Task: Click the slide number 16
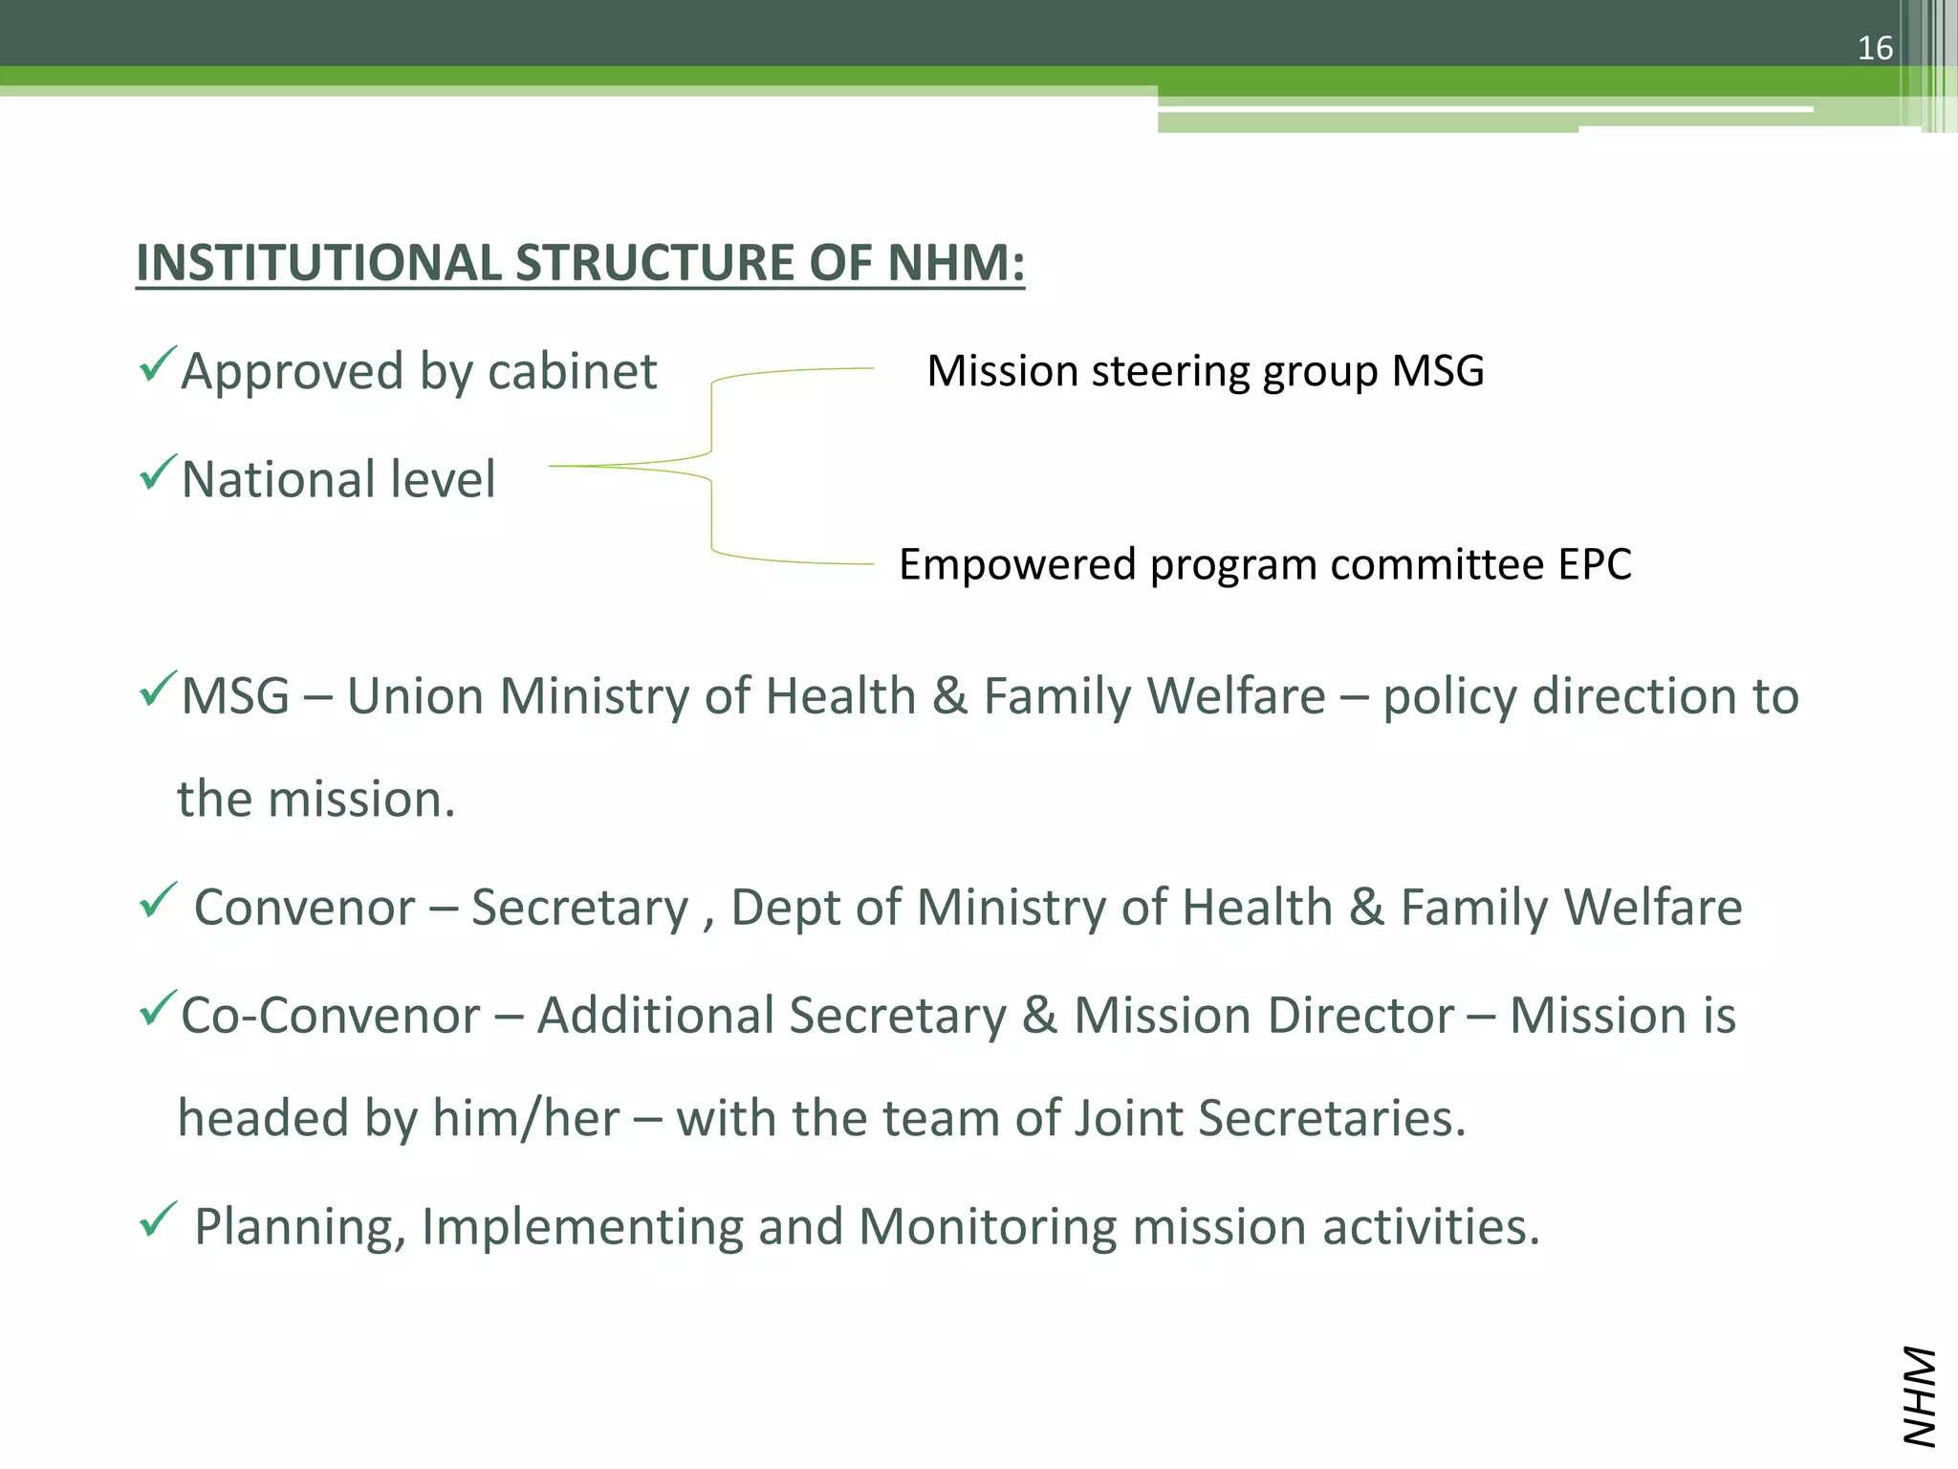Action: tap(1875, 48)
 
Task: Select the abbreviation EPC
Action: tap(1594, 564)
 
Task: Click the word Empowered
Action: tap(1017, 564)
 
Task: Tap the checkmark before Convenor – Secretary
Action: tap(158, 900)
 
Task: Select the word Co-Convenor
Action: tap(330, 1016)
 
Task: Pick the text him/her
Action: tap(526, 1118)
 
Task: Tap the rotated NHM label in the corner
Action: tap(1918, 1395)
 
